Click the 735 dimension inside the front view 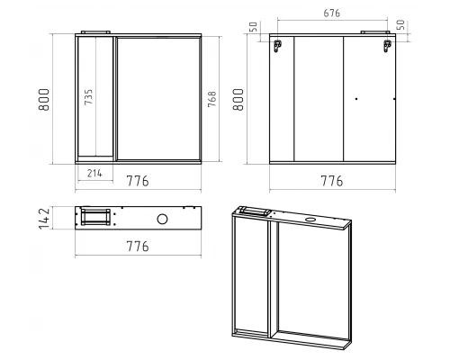click(x=88, y=96)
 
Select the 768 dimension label click(x=211, y=99)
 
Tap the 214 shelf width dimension click(x=94, y=173)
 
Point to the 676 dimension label click(x=332, y=13)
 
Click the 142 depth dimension click(x=44, y=219)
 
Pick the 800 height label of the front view click(x=44, y=100)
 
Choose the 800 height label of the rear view click(x=238, y=100)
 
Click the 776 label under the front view click(x=138, y=181)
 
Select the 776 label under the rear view click(x=332, y=181)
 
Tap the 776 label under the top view click(x=138, y=247)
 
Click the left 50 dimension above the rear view click(x=254, y=27)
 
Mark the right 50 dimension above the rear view click(x=400, y=25)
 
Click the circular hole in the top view click(x=162, y=219)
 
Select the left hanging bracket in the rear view click(x=277, y=46)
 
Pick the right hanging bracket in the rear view click(x=387, y=46)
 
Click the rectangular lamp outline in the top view click(x=95, y=217)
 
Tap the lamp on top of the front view click(x=95, y=31)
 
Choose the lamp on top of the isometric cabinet click(x=255, y=211)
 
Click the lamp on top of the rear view click(x=375, y=31)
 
